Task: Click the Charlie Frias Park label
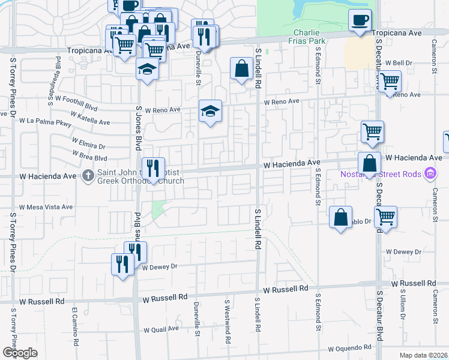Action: pyautogui.click(x=309, y=36)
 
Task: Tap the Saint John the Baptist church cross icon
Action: pyautogui.click(x=88, y=176)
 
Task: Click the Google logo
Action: pyautogui.click(x=20, y=353)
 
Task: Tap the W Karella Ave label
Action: pyautogui.click(x=90, y=118)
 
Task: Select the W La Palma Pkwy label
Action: pyautogui.click(x=45, y=123)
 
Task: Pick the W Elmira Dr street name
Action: pyautogui.click(x=88, y=143)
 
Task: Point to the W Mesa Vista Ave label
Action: pyautogui.click(x=46, y=207)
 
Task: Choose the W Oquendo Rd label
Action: pyautogui.click(x=350, y=347)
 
